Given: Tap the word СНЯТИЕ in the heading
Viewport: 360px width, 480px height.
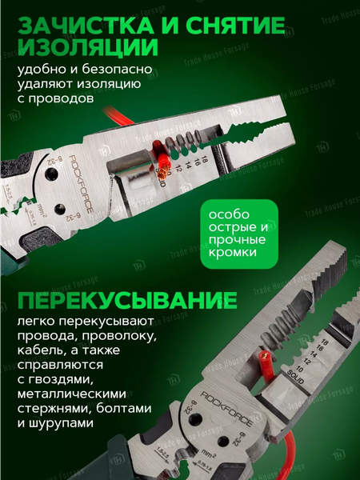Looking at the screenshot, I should coord(223,26).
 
